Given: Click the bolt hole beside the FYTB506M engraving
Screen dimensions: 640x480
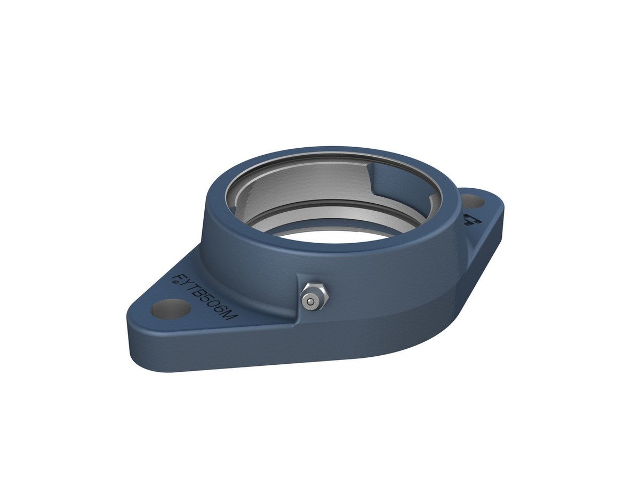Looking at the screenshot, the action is pos(171,309).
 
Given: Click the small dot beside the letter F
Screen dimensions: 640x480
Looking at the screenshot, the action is pos(176,282).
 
